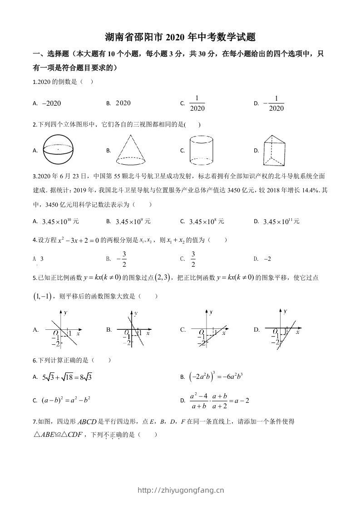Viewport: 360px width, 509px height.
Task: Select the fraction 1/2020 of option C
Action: pos(197,103)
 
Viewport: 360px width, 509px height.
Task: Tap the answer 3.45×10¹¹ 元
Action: pos(282,222)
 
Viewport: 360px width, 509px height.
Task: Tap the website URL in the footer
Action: pos(180,490)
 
